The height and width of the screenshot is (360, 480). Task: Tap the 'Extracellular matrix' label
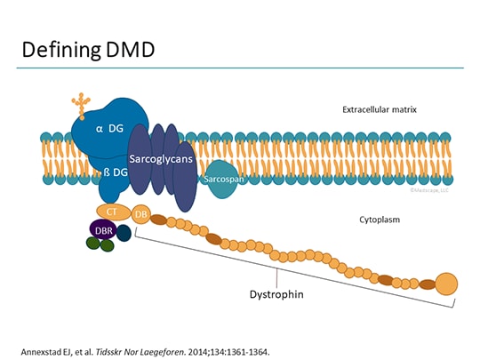click(x=380, y=110)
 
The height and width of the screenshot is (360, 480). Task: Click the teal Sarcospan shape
click(x=220, y=177)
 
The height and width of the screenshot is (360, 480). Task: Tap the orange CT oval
click(x=112, y=212)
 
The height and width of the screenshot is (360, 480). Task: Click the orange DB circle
click(x=140, y=214)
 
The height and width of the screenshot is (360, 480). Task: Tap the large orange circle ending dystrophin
click(x=447, y=284)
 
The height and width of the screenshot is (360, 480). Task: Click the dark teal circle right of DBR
click(x=124, y=233)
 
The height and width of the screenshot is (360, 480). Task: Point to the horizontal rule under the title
click(x=240, y=68)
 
